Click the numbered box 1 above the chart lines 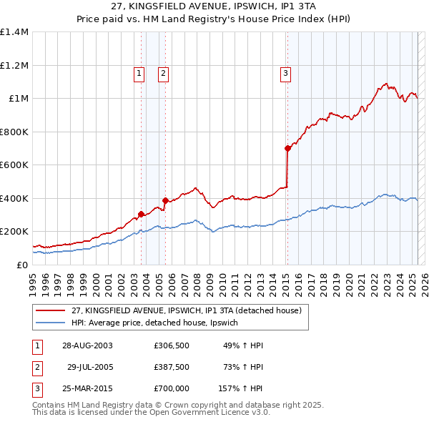point(138,72)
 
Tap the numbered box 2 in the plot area point(163,72)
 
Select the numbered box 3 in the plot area point(285,72)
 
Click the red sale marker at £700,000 point(287,149)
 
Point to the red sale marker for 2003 point(142,214)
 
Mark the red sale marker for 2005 point(165,201)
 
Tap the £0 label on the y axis point(21,265)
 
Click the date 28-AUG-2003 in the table point(87,345)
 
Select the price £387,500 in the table point(172,367)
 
